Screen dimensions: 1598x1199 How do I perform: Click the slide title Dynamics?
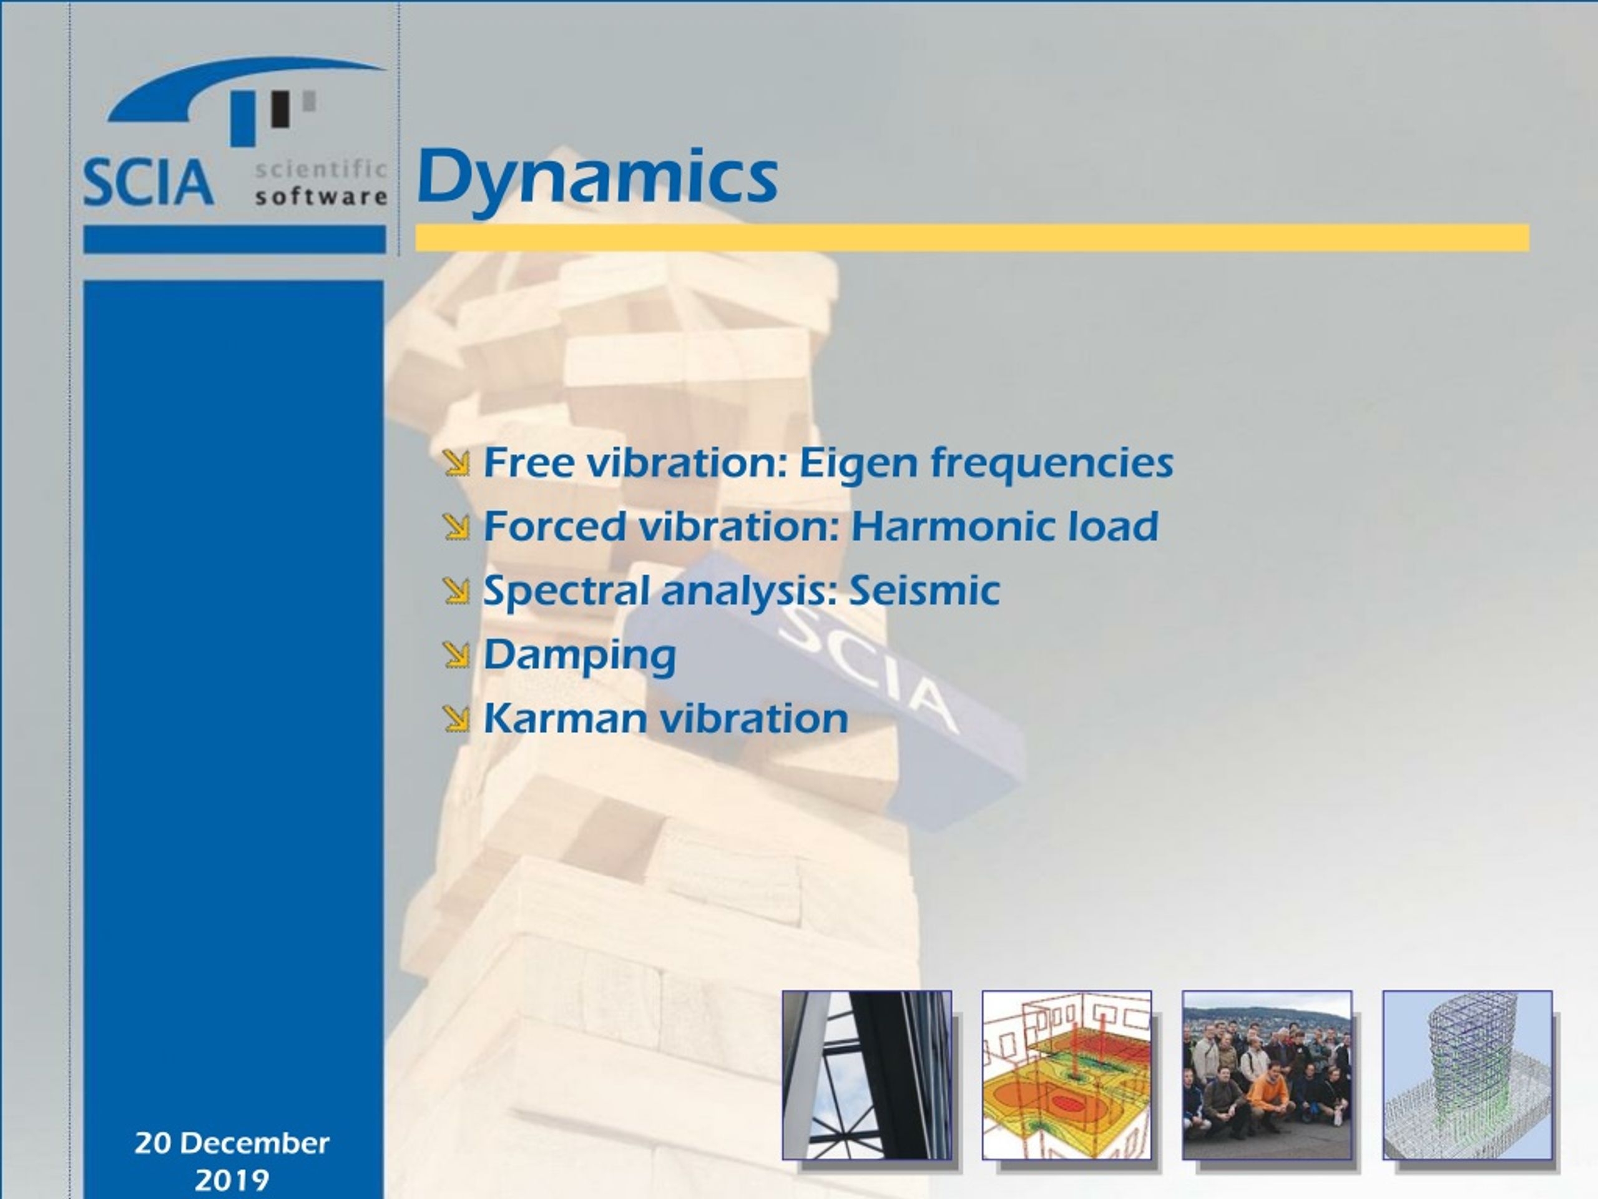click(597, 179)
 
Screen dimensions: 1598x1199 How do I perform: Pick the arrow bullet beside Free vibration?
click(456, 463)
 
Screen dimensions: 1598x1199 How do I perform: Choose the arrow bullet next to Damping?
click(456, 655)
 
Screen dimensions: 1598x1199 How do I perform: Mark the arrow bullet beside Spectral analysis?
click(456, 591)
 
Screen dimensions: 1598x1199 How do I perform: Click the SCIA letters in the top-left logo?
click(148, 183)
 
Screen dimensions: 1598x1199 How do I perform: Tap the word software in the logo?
click(321, 196)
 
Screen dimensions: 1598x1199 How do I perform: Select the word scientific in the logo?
click(321, 169)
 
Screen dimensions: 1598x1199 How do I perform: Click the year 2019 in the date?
click(232, 1180)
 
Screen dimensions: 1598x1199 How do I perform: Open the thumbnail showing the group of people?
click(1267, 1075)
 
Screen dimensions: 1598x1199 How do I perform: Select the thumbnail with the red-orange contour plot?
click(1066, 1075)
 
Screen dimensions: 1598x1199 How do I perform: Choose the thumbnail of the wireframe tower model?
click(1468, 1075)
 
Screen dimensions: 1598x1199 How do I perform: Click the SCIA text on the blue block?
click(864, 666)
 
